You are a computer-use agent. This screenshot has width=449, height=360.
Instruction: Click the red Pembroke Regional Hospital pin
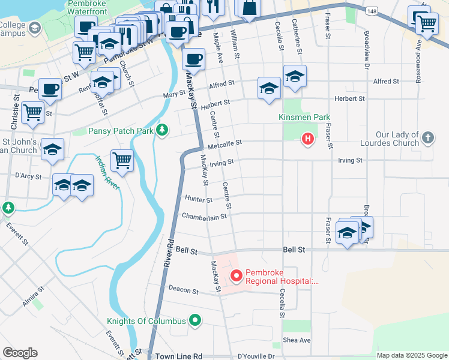[x=237, y=276]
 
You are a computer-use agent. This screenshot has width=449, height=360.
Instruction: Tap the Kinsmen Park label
[x=313, y=117]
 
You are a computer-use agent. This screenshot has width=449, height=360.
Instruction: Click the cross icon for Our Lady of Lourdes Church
[x=427, y=138]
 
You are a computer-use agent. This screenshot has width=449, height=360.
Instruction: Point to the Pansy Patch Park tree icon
[x=161, y=130]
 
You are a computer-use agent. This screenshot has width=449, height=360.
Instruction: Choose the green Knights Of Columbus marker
[x=194, y=320]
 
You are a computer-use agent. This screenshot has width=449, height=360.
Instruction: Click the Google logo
[x=20, y=353]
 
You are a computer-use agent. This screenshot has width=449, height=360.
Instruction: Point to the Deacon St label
[x=183, y=290]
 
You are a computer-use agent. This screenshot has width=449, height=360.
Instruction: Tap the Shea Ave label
[x=297, y=340]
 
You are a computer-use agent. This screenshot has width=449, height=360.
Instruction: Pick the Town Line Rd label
[x=179, y=356]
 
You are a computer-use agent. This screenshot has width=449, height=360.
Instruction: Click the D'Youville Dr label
[x=256, y=356]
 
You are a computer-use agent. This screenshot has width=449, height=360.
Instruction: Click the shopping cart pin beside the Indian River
[x=122, y=161]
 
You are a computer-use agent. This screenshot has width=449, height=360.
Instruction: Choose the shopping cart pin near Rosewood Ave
[x=426, y=24]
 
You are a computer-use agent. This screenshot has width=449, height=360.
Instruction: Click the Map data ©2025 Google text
[x=412, y=356]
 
